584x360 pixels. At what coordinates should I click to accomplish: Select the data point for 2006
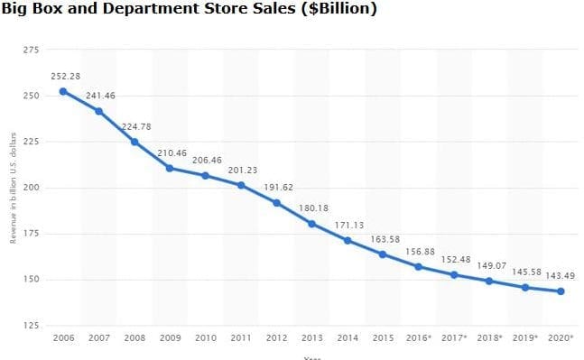coord(63,91)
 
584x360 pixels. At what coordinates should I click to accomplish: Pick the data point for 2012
coord(276,203)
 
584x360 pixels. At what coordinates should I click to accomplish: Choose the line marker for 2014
coord(348,240)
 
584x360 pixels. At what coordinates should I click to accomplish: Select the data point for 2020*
coord(561,291)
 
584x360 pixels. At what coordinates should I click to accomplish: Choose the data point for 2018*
coord(489,281)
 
